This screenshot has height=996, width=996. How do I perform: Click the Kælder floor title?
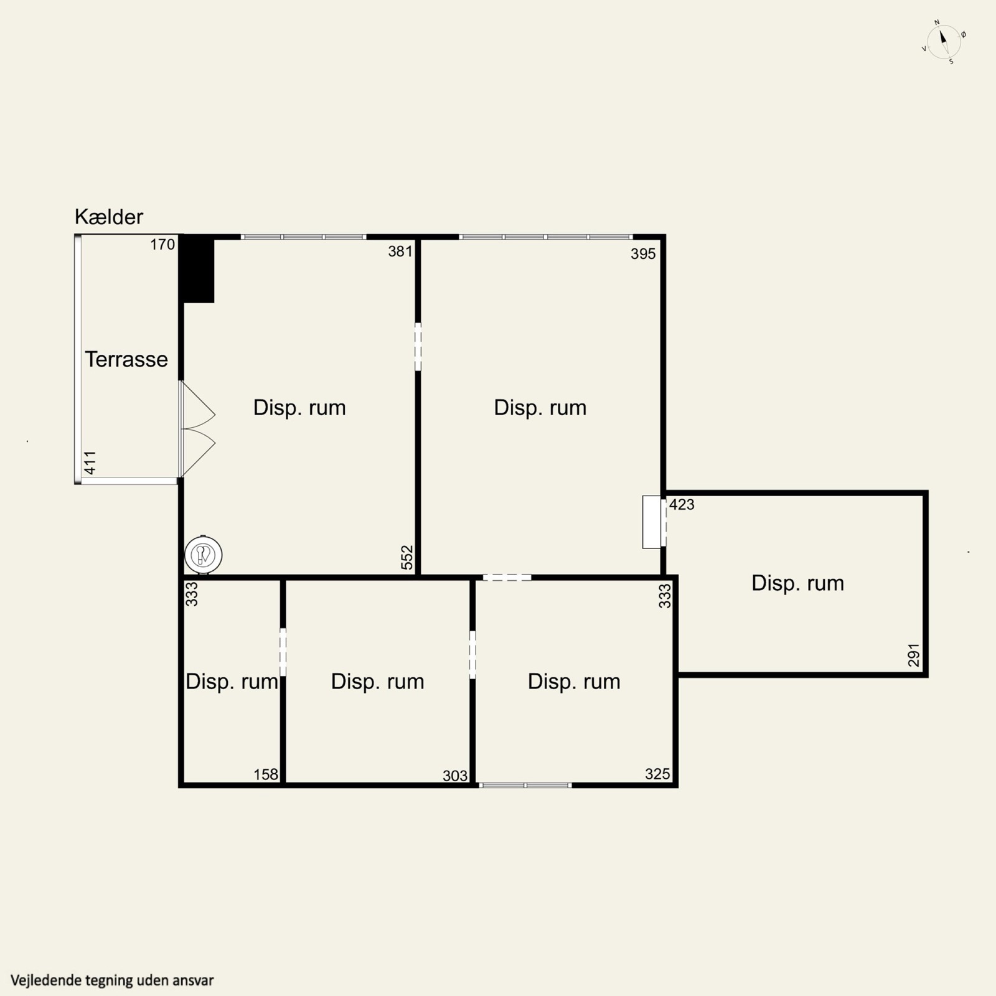[x=109, y=217]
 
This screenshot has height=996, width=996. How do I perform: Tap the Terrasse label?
[x=126, y=359]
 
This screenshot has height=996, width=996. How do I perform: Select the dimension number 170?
[x=162, y=245]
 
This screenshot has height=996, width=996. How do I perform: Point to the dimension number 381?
[x=400, y=251]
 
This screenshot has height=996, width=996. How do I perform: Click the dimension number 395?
[x=643, y=253]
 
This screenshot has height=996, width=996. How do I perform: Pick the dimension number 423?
[x=682, y=504]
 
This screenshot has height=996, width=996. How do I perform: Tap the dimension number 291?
[x=913, y=655]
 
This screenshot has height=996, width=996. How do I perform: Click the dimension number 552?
[x=406, y=558]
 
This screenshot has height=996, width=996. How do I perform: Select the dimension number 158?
[x=266, y=774]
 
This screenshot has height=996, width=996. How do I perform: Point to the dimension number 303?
[x=455, y=776]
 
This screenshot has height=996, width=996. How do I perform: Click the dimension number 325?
[x=657, y=774]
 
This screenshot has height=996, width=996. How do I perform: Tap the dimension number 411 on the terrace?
[x=90, y=463]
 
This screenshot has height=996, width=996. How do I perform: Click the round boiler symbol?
[x=203, y=554]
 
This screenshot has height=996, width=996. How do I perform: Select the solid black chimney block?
[x=198, y=270]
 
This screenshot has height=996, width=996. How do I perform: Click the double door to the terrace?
[x=197, y=429]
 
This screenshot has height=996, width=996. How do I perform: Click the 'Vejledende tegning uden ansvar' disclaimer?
[x=112, y=980]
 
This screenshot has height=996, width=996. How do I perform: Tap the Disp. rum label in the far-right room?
[x=797, y=583]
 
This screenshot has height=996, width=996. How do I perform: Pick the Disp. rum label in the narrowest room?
[x=232, y=682]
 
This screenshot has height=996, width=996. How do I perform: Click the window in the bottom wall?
[x=525, y=786]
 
